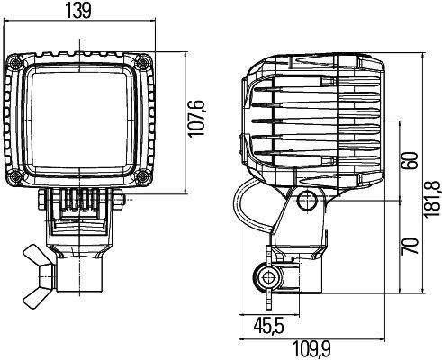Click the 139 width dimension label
(79, 10)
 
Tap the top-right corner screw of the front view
(144, 62)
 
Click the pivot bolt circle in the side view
(309, 200)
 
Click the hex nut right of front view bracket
(120, 199)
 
